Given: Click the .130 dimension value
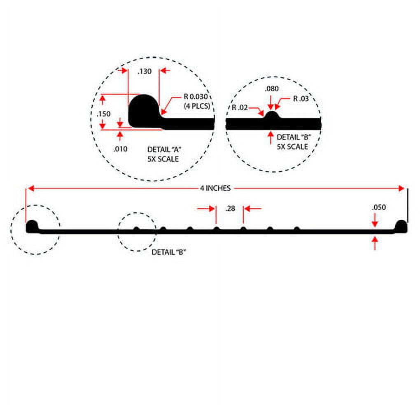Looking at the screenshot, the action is click(x=145, y=71).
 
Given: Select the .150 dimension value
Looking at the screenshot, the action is click(x=104, y=114).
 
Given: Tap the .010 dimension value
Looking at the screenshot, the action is click(x=120, y=149).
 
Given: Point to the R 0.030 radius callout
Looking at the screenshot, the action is click(x=196, y=97).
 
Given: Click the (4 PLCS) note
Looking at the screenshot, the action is click(x=197, y=106).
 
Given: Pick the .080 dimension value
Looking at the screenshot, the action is click(x=272, y=88).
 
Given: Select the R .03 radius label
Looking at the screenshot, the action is click(x=301, y=98).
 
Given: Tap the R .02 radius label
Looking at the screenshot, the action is click(x=240, y=107).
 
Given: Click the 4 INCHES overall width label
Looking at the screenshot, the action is click(x=215, y=188).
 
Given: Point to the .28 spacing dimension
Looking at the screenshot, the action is click(x=230, y=208).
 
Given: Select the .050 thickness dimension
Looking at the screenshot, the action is click(x=379, y=207).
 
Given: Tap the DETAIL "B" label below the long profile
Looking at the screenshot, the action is click(x=169, y=252).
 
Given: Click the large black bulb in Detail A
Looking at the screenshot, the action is click(x=144, y=111).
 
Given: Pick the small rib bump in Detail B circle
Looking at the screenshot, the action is click(x=272, y=115).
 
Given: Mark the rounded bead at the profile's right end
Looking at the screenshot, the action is click(x=401, y=226).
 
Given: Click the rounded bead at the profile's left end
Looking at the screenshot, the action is click(x=32, y=226).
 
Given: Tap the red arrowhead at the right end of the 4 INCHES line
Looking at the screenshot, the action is click(x=401, y=189).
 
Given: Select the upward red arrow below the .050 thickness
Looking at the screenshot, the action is click(x=375, y=243).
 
